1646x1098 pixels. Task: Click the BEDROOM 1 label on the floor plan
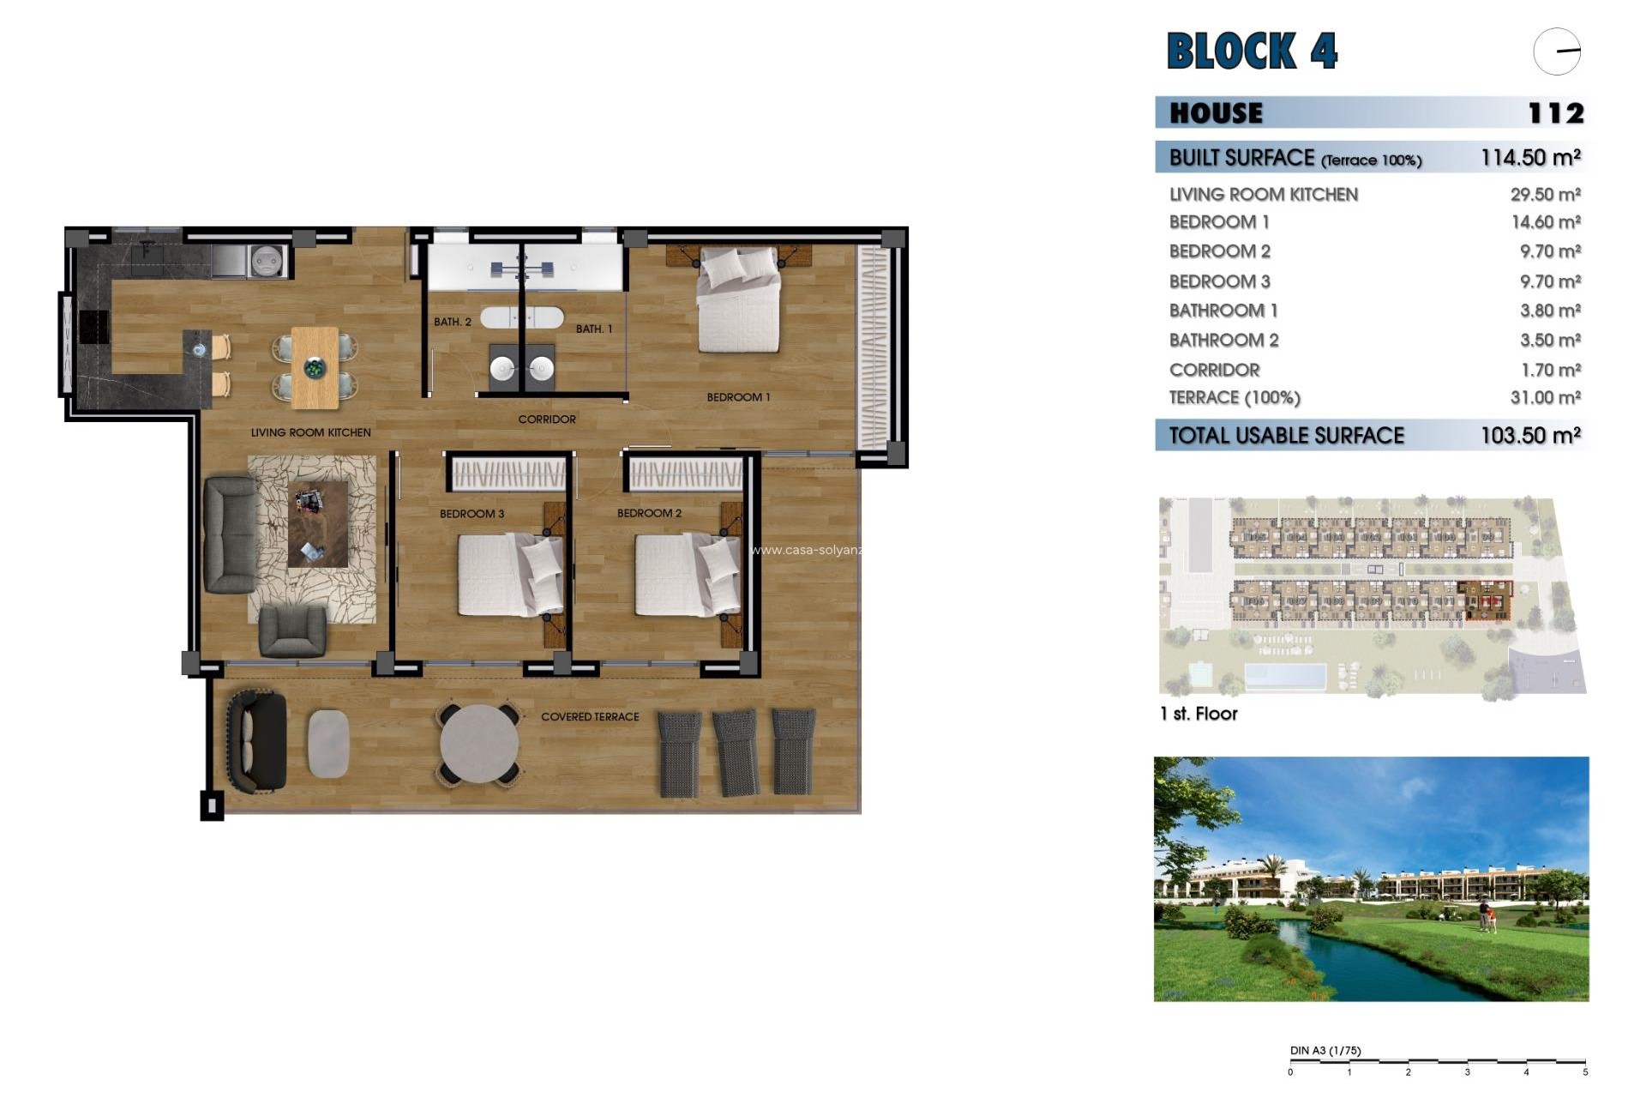tap(738, 397)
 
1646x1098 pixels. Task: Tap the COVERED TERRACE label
tap(590, 716)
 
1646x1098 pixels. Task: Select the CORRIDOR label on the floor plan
tap(547, 419)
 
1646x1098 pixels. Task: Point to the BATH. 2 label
tap(452, 322)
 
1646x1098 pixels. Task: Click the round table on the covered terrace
tap(479, 744)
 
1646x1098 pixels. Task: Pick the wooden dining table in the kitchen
tap(315, 367)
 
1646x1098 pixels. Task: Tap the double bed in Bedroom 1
tap(738, 300)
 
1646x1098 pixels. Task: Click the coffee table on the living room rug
tap(318, 524)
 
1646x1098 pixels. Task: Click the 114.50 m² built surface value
tap(1530, 158)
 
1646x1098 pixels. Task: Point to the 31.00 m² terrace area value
tap(1545, 398)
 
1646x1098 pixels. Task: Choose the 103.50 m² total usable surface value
tap(1530, 436)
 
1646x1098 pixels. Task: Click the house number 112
tap(1555, 113)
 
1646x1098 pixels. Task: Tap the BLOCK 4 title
tap(1252, 51)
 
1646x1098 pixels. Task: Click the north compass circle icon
tap(1557, 51)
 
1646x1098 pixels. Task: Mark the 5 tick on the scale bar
tap(1585, 1071)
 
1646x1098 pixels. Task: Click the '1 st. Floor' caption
tap(1198, 714)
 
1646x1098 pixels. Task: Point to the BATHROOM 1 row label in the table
tap(1223, 311)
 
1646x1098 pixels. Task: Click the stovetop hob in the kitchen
tap(93, 327)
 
